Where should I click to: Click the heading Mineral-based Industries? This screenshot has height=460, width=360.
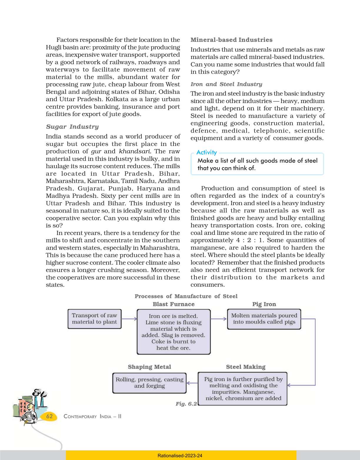231,40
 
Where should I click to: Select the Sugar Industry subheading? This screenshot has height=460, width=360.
72,127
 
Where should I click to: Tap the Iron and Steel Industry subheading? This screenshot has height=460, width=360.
226,84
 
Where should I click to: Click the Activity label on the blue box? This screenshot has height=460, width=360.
206,152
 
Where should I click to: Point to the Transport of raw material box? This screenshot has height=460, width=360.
94,319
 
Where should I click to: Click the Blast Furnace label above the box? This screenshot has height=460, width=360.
174,304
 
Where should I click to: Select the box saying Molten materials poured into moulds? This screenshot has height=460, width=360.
264,319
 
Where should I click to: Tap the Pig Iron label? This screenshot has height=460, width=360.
264,304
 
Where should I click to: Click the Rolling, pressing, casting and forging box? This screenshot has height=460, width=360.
149,383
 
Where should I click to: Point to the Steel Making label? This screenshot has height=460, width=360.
246,367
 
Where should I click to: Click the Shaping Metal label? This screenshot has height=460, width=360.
149,367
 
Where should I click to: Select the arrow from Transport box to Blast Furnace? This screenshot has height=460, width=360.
129,319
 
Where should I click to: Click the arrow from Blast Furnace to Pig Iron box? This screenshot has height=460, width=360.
219,319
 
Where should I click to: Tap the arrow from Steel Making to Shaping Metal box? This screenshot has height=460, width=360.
192,383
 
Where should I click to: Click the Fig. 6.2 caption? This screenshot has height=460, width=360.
186,404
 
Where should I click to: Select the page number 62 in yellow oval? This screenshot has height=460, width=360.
49,416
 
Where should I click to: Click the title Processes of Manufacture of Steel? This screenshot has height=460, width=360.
186,296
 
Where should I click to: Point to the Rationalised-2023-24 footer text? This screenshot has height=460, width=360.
180,456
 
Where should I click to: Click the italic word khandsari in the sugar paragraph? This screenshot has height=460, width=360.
135,151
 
